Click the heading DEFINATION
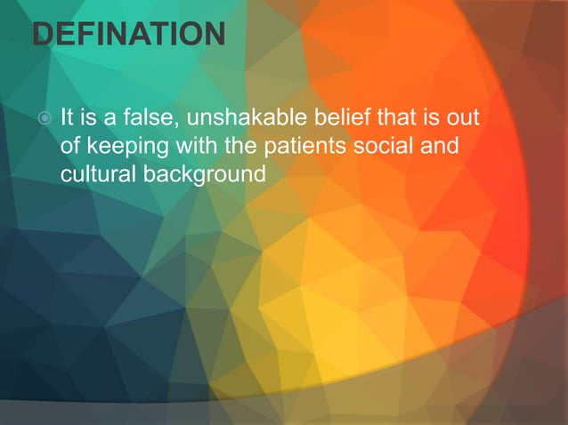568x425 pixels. pos(128,36)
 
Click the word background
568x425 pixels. pos(200,172)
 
